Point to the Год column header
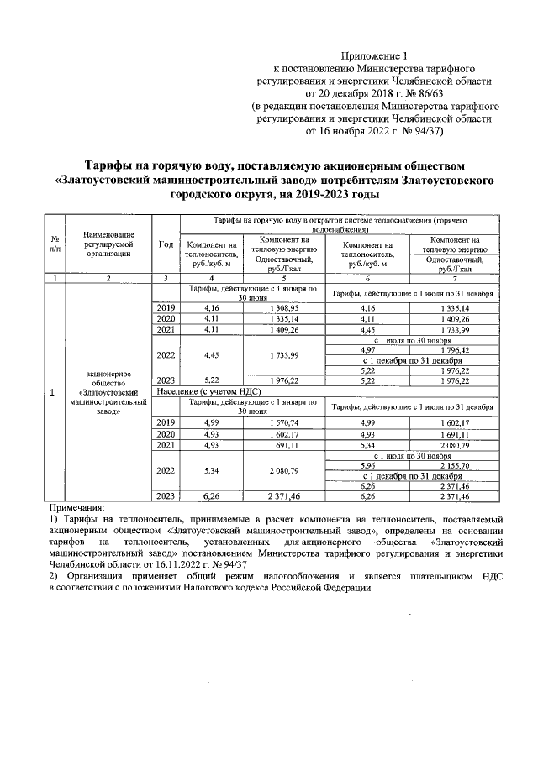click(166, 244)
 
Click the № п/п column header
click(55, 244)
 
